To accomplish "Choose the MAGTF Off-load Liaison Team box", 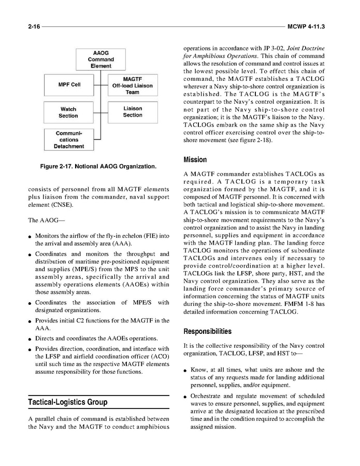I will pyautogui.click(x=132, y=86).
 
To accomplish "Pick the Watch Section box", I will pyautogui.click(x=68, y=112).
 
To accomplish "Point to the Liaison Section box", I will pyautogui.click(x=133, y=112).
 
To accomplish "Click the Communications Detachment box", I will pyautogui.click(x=68, y=140).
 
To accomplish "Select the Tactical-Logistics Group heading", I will pyautogui.click(x=67, y=402).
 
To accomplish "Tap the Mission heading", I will pyautogui.click(x=195, y=160).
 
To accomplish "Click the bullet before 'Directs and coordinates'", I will pyautogui.click(x=31, y=339).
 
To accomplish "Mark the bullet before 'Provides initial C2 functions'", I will pyautogui.click(x=31, y=321).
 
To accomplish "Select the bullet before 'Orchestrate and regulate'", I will pyautogui.click(x=186, y=398).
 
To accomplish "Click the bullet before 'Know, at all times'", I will pyautogui.click(x=186, y=371).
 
